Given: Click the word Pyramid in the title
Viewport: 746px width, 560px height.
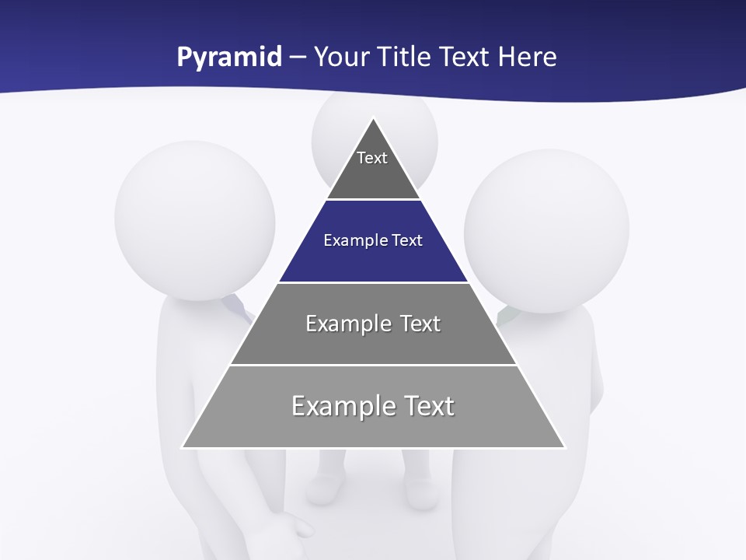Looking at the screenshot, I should [x=228, y=58].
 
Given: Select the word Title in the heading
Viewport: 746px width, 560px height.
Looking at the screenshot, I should [x=404, y=58].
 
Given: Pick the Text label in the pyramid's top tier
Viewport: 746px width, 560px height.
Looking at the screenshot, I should [x=372, y=158].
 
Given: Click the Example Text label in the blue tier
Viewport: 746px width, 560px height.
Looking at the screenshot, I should [x=373, y=240].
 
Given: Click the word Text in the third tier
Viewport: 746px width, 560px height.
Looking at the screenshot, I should [x=420, y=324].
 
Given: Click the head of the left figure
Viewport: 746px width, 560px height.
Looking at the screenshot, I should [x=194, y=218].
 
